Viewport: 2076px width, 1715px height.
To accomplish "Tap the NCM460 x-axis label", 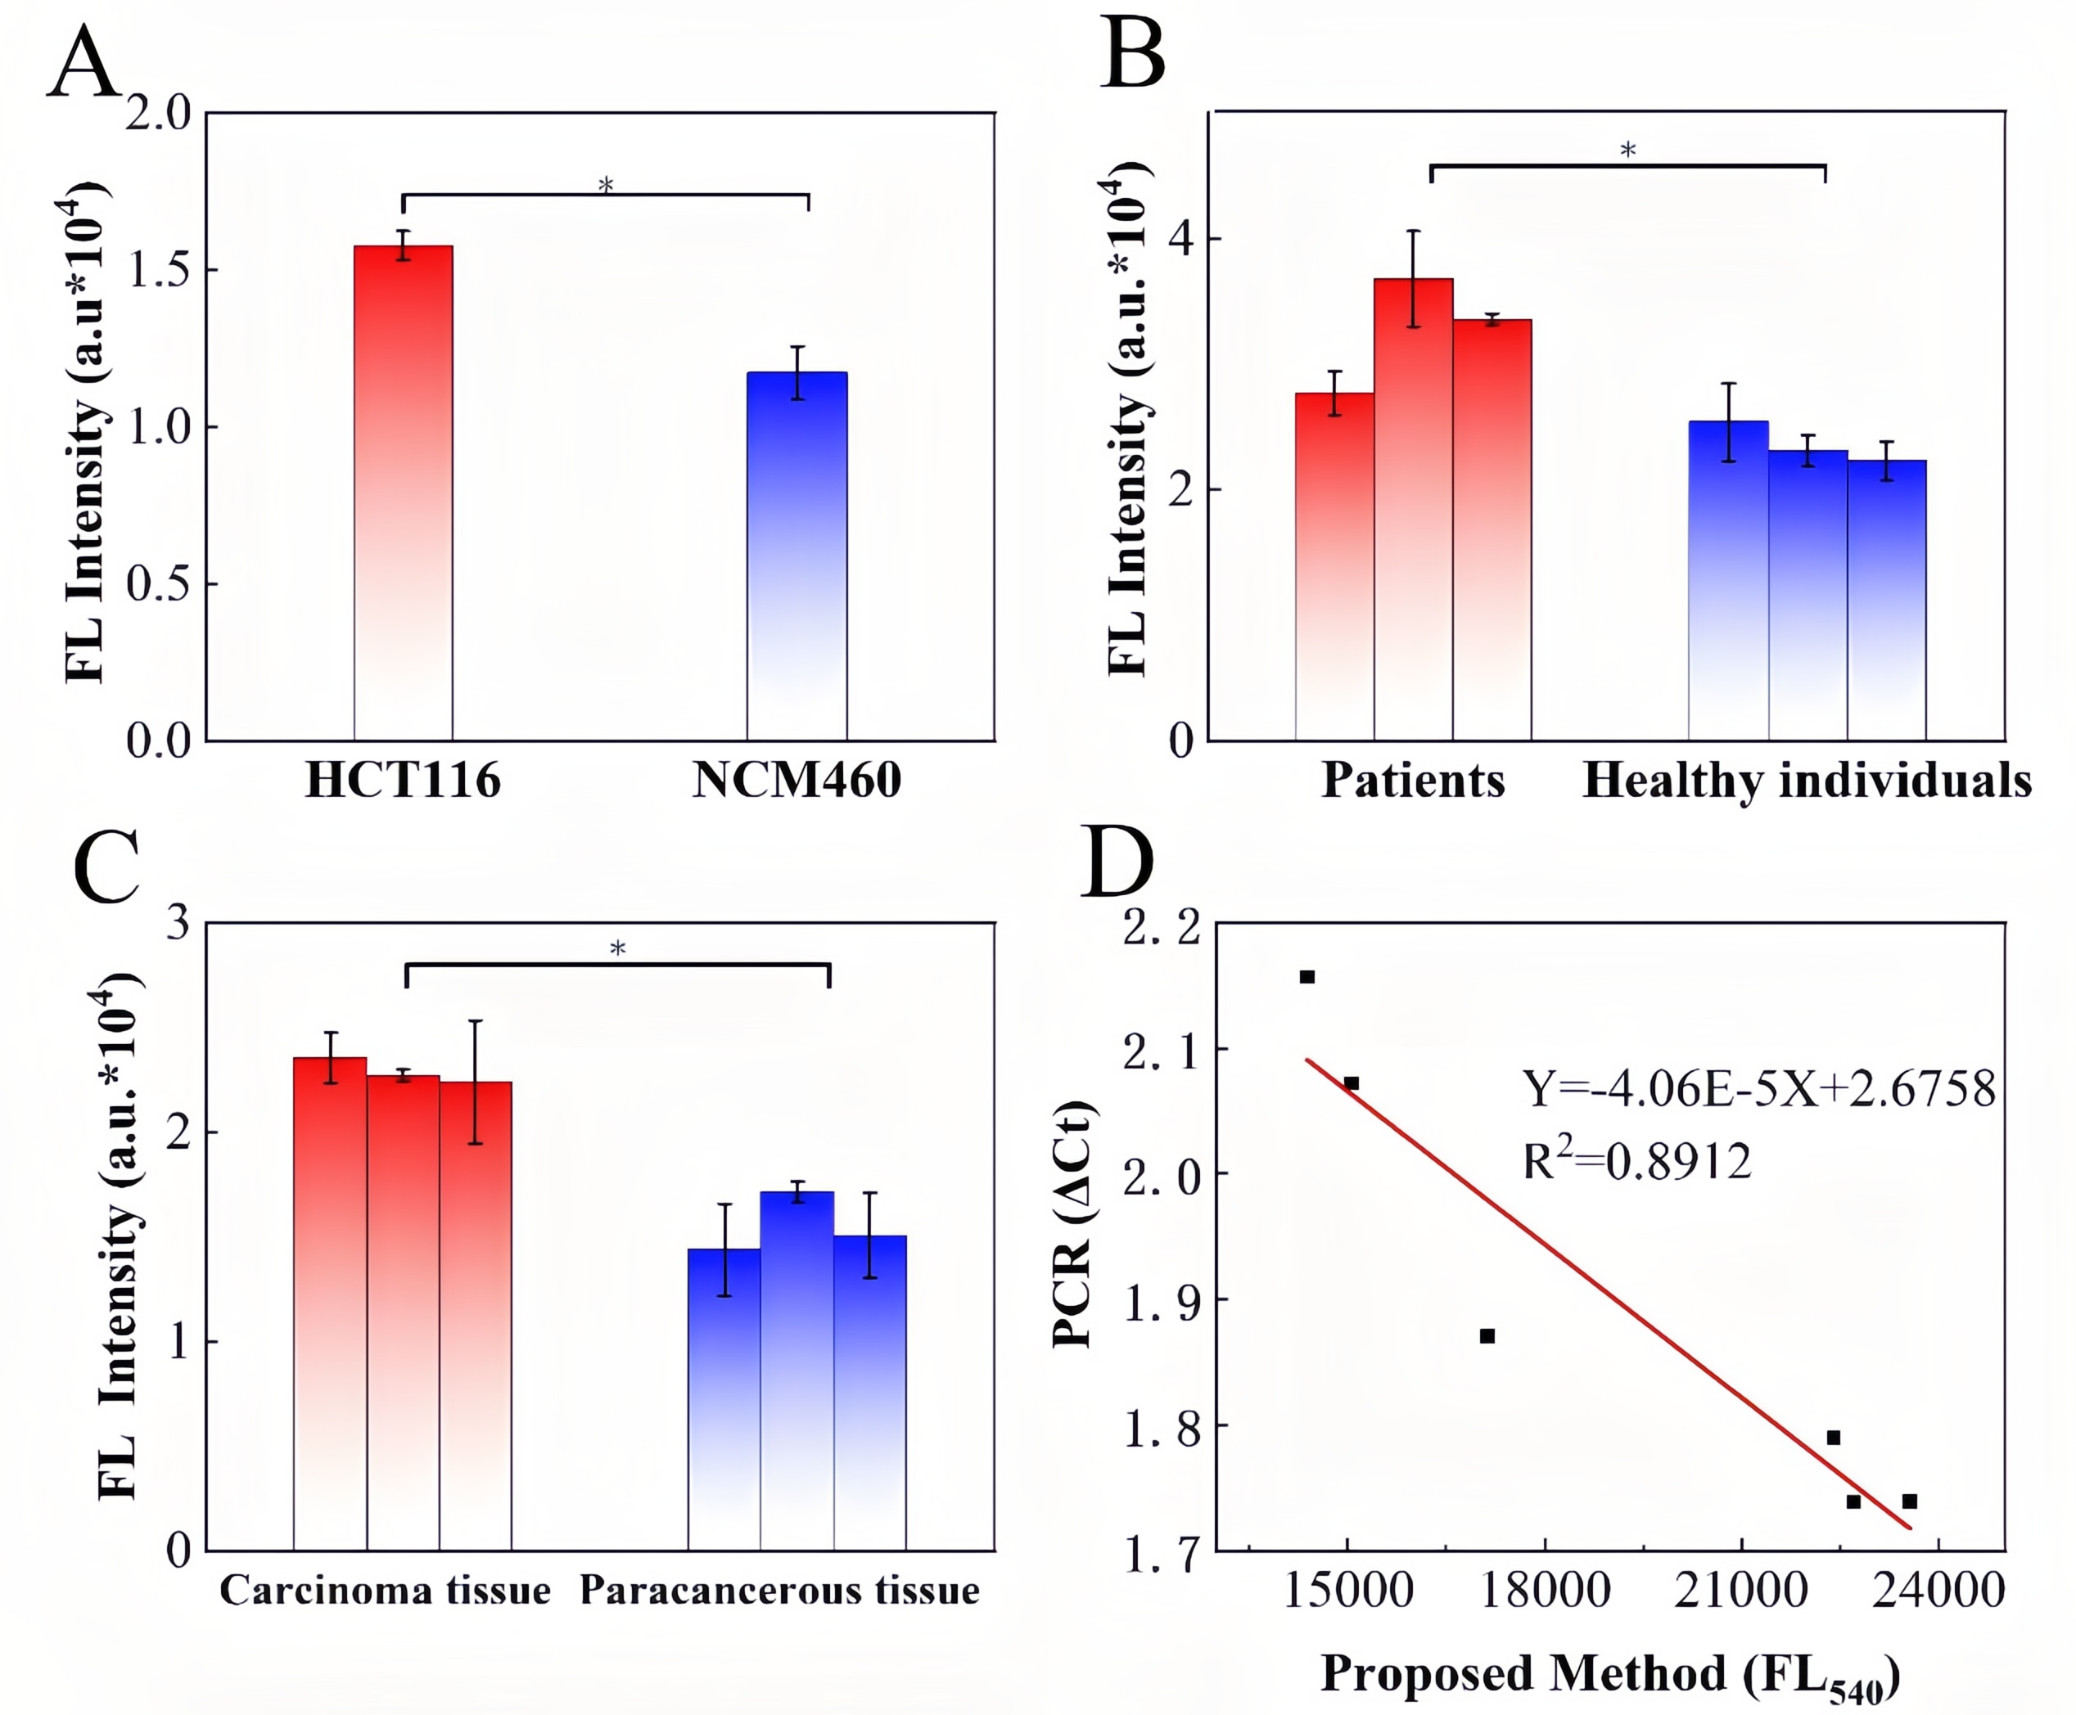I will (x=797, y=781).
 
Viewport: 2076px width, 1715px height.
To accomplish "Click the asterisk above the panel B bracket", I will (x=1627, y=151).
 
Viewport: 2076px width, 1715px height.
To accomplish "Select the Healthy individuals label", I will (x=1806, y=781).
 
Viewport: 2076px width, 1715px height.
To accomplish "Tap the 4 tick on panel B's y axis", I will (x=1180, y=239).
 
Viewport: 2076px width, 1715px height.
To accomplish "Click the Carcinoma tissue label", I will (x=385, y=1591).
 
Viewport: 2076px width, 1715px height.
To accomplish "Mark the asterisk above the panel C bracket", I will (x=617, y=949).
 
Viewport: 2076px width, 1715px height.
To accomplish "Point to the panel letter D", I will (x=1117, y=862).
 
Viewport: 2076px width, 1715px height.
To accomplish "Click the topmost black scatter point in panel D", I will (x=1307, y=977).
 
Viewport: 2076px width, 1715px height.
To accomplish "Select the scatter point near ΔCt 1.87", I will (x=1487, y=1335).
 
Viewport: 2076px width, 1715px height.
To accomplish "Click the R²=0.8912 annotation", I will (x=1636, y=1161).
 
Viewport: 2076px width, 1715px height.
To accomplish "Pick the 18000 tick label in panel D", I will (x=1545, y=1591).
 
